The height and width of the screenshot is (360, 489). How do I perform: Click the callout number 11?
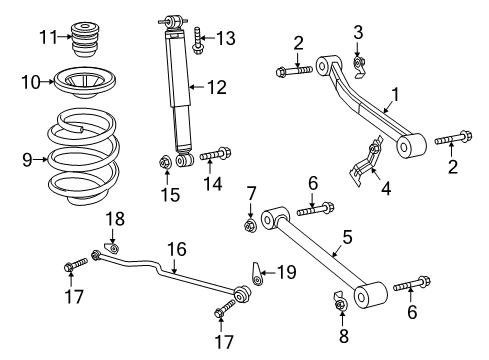point(45,38)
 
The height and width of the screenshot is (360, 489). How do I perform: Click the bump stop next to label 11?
point(89,38)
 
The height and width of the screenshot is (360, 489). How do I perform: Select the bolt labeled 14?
point(216,155)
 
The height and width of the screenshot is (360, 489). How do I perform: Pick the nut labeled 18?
point(113,247)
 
